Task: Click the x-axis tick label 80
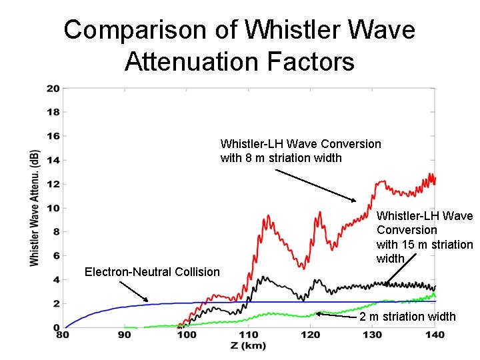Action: click(x=63, y=335)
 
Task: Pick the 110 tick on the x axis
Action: click(x=249, y=335)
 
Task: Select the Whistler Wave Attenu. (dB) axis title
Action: click(x=34, y=208)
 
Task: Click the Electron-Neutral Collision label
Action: click(x=152, y=271)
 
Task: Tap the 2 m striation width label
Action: click(x=407, y=316)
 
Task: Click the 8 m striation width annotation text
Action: click(x=301, y=151)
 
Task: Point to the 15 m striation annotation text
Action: click(x=425, y=237)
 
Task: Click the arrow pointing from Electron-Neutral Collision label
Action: click(x=133, y=291)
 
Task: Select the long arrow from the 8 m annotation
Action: click(x=316, y=185)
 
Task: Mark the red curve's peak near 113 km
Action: click(x=267, y=217)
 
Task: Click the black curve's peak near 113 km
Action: click(x=265, y=277)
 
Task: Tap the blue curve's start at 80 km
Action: click(x=65, y=327)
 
